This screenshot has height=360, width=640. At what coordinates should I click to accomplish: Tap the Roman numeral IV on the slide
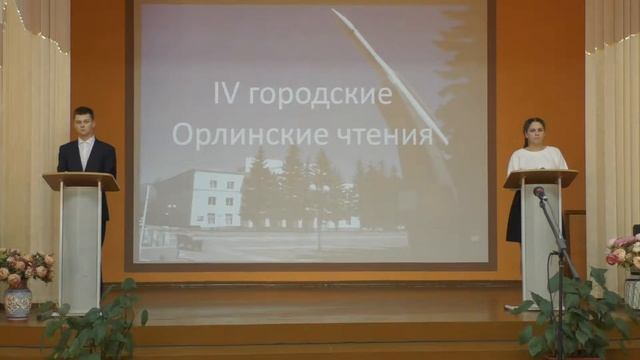point(227,94)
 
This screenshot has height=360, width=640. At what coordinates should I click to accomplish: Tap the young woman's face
point(534,132)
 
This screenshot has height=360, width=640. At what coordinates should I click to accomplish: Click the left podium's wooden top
point(80,181)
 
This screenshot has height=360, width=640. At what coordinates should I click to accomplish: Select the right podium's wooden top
point(540,178)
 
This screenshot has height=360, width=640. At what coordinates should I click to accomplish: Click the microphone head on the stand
point(539,192)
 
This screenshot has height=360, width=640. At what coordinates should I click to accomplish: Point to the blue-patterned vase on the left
point(18,299)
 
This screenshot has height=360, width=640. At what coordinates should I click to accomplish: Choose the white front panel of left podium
point(81,245)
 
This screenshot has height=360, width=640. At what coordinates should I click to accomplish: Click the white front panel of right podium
point(540,240)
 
